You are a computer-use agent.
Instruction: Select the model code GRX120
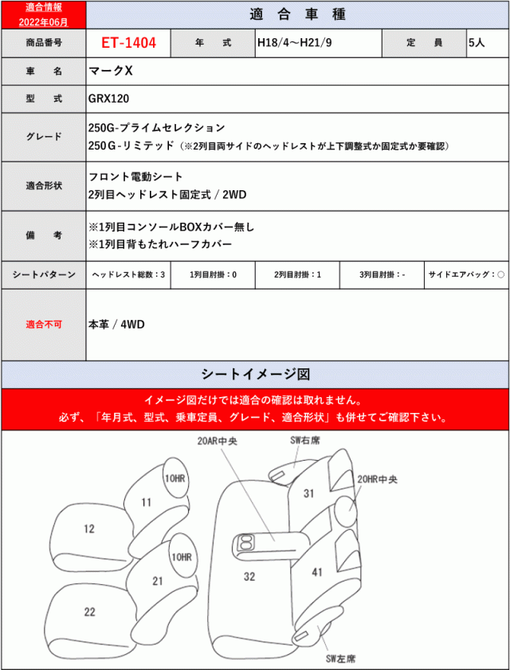tap(108, 99)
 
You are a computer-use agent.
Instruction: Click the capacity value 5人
tap(476, 42)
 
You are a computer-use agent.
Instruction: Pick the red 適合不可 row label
tap(43, 325)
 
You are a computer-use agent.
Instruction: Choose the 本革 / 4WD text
tap(118, 324)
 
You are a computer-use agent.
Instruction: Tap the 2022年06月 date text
tap(42, 21)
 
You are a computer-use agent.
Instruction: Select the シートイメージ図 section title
tap(255, 373)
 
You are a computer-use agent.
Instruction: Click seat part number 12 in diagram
tap(88, 528)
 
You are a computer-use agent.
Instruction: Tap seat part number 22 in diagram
tap(90, 610)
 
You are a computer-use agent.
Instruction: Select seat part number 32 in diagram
tap(249, 576)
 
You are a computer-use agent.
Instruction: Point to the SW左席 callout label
tap(339, 660)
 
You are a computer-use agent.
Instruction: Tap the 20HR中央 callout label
tap(378, 479)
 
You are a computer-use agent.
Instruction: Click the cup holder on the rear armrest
tap(244, 544)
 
